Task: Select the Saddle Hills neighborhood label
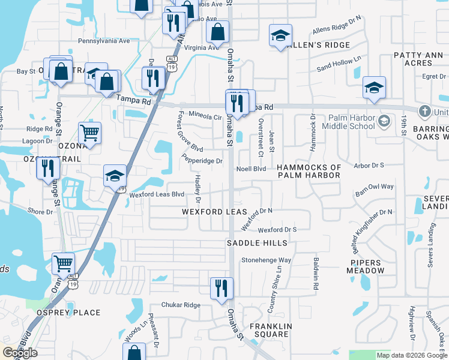tap(253, 243)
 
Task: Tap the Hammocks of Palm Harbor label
tap(309, 171)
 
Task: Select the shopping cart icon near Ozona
tap(89, 132)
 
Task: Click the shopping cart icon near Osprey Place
tap(63, 263)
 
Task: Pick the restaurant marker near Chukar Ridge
tap(221, 287)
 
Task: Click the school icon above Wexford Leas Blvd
tap(115, 175)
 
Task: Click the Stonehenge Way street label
tap(266, 260)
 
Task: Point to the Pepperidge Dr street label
tap(202, 160)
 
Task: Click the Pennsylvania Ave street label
tap(104, 41)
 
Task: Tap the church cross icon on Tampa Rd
tap(425, 111)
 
